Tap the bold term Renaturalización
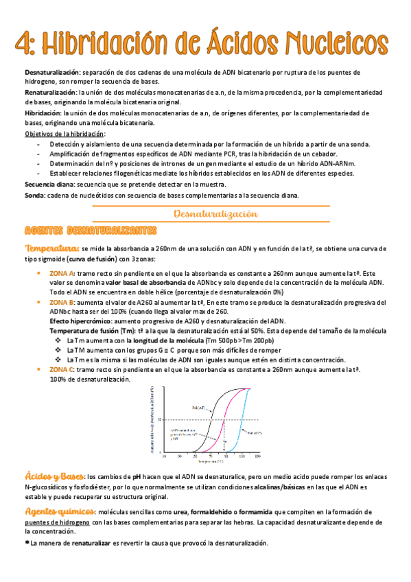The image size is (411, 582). pyautogui.click(x=51, y=91)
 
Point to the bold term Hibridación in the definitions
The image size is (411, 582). pyautogui.click(x=43, y=112)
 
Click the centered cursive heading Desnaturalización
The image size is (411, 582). pyautogui.click(x=216, y=214)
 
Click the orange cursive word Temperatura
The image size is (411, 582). pyautogui.click(x=51, y=248)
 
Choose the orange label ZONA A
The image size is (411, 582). pyautogui.click(x=61, y=272)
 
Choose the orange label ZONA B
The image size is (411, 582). pyautogui.click(x=61, y=301)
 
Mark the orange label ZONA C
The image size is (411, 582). pyautogui.click(x=61, y=369)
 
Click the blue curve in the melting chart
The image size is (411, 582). pyautogui.click(x=242, y=426)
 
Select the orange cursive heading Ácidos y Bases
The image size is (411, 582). pyautogui.click(x=54, y=476)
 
